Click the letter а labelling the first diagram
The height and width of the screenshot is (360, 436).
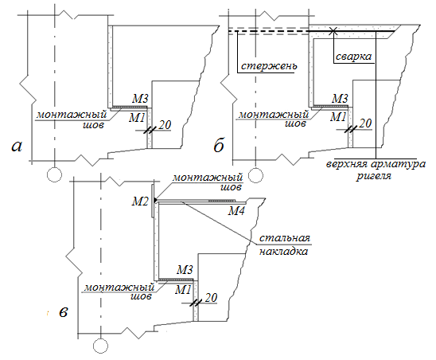pos(17,147)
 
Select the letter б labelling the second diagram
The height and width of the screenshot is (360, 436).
pos(219,145)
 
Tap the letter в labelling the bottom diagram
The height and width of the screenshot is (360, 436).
pos(64,312)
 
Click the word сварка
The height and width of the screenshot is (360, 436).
pos(353,57)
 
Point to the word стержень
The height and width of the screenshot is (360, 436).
pos(269,66)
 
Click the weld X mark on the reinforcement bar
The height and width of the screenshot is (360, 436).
pos(333,31)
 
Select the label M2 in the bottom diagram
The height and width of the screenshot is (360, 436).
pos(140,201)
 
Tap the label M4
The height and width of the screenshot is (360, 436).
pos(236,211)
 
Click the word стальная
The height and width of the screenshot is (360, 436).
pos(285,238)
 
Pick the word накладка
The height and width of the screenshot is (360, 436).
pos(283,251)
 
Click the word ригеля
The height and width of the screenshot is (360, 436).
pos(374,176)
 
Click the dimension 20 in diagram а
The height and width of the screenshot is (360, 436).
pos(165,125)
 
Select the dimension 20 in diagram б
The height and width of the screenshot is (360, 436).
pos(365,123)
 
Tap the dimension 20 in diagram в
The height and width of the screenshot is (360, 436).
pos(211,298)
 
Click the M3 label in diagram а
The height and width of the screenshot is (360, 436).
pos(140,98)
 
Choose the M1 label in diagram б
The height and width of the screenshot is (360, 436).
pos(338,117)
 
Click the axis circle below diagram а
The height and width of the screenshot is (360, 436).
pos(54,175)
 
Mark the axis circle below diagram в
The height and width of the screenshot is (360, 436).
pos(100,346)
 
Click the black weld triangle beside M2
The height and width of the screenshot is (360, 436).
pos(155,200)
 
